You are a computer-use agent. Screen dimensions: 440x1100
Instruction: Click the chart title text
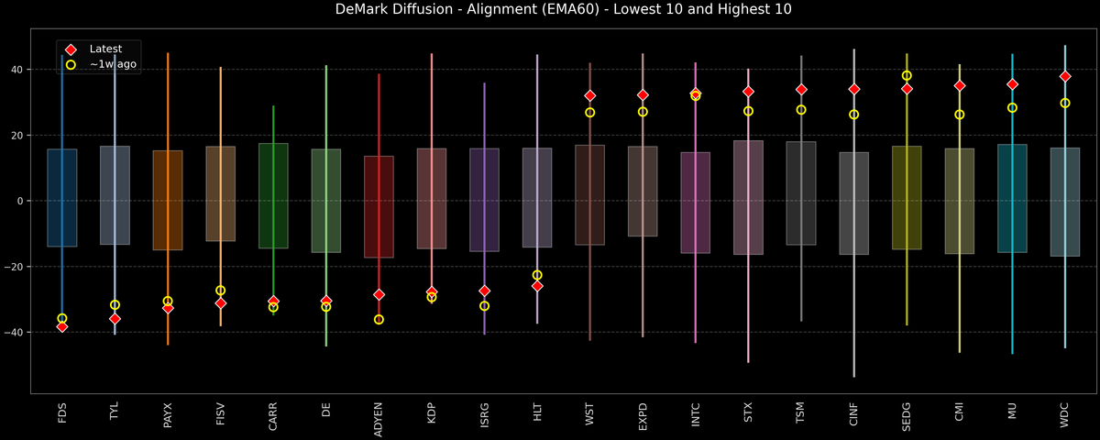pos(549,10)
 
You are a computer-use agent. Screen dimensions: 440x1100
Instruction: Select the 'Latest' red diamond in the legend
pos(71,49)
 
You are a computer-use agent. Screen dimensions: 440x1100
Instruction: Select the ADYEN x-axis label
pos(379,417)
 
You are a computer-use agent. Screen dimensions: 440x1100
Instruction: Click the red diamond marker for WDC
pos(1065,76)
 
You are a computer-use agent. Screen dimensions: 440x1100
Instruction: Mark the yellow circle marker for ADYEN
pos(379,320)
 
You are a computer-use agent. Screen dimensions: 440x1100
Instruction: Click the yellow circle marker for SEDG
pos(907,76)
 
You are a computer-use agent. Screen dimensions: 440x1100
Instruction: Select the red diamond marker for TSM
pos(801,90)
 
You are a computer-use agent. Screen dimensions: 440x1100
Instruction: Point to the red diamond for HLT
pos(537,286)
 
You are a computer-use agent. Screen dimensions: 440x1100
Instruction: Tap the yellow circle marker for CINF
pos(853,115)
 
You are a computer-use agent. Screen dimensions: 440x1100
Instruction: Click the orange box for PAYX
pos(168,200)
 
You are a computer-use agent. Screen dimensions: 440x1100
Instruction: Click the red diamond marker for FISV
pos(220,302)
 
